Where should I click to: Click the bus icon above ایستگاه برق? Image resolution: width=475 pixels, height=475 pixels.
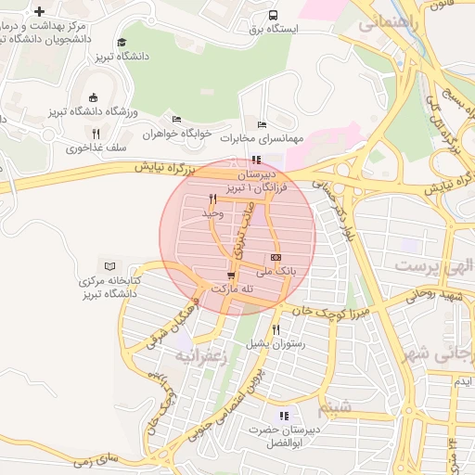pyautogui.click(x=273, y=16)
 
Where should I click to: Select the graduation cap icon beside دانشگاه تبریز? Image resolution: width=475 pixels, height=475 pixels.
pyautogui.click(x=122, y=43)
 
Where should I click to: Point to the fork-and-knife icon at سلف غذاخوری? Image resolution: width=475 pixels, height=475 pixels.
pyautogui.click(x=96, y=134)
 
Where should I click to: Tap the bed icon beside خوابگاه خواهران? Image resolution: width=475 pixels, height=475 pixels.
pyautogui.click(x=176, y=119)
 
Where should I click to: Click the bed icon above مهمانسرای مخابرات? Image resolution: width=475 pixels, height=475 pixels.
pyautogui.click(x=262, y=124)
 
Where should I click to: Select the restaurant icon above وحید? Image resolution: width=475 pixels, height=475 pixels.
pyautogui.click(x=213, y=199)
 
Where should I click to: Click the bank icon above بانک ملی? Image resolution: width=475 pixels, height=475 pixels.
pyautogui.click(x=276, y=257)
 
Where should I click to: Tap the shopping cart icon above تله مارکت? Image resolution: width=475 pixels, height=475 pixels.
pyautogui.click(x=231, y=276)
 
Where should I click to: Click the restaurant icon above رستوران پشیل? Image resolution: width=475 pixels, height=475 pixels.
pyautogui.click(x=276, y=329)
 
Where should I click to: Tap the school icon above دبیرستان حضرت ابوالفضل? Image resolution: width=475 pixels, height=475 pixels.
pyautogui.click(x=284, y=417)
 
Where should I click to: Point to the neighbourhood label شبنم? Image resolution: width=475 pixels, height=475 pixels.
pyautogui.click(x=334, y=405)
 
